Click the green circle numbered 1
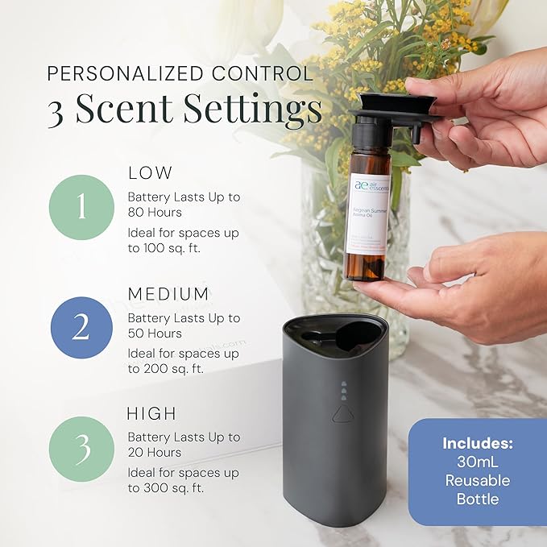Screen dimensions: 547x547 pos(81,207)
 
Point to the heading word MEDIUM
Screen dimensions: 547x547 pos(169,293)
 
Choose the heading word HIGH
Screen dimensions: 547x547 pos(152,414)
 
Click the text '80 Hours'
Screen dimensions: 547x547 pos(155,213)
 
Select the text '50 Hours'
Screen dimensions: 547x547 pos(155,334)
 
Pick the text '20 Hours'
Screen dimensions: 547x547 pos(155,454)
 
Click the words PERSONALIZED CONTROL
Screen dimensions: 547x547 pos(180,74)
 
